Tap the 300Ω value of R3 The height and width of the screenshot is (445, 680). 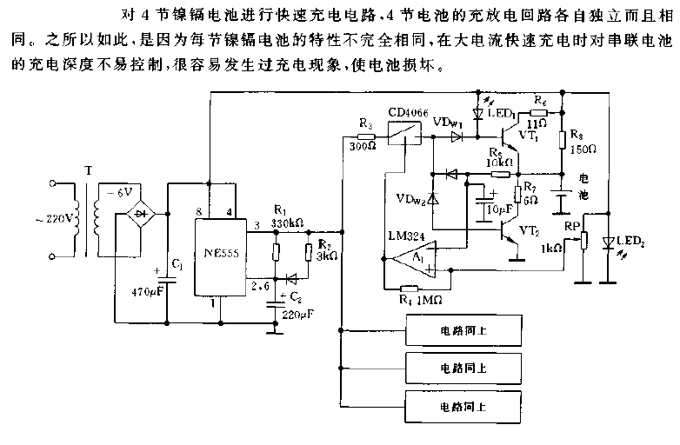[x=364, y=145]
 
